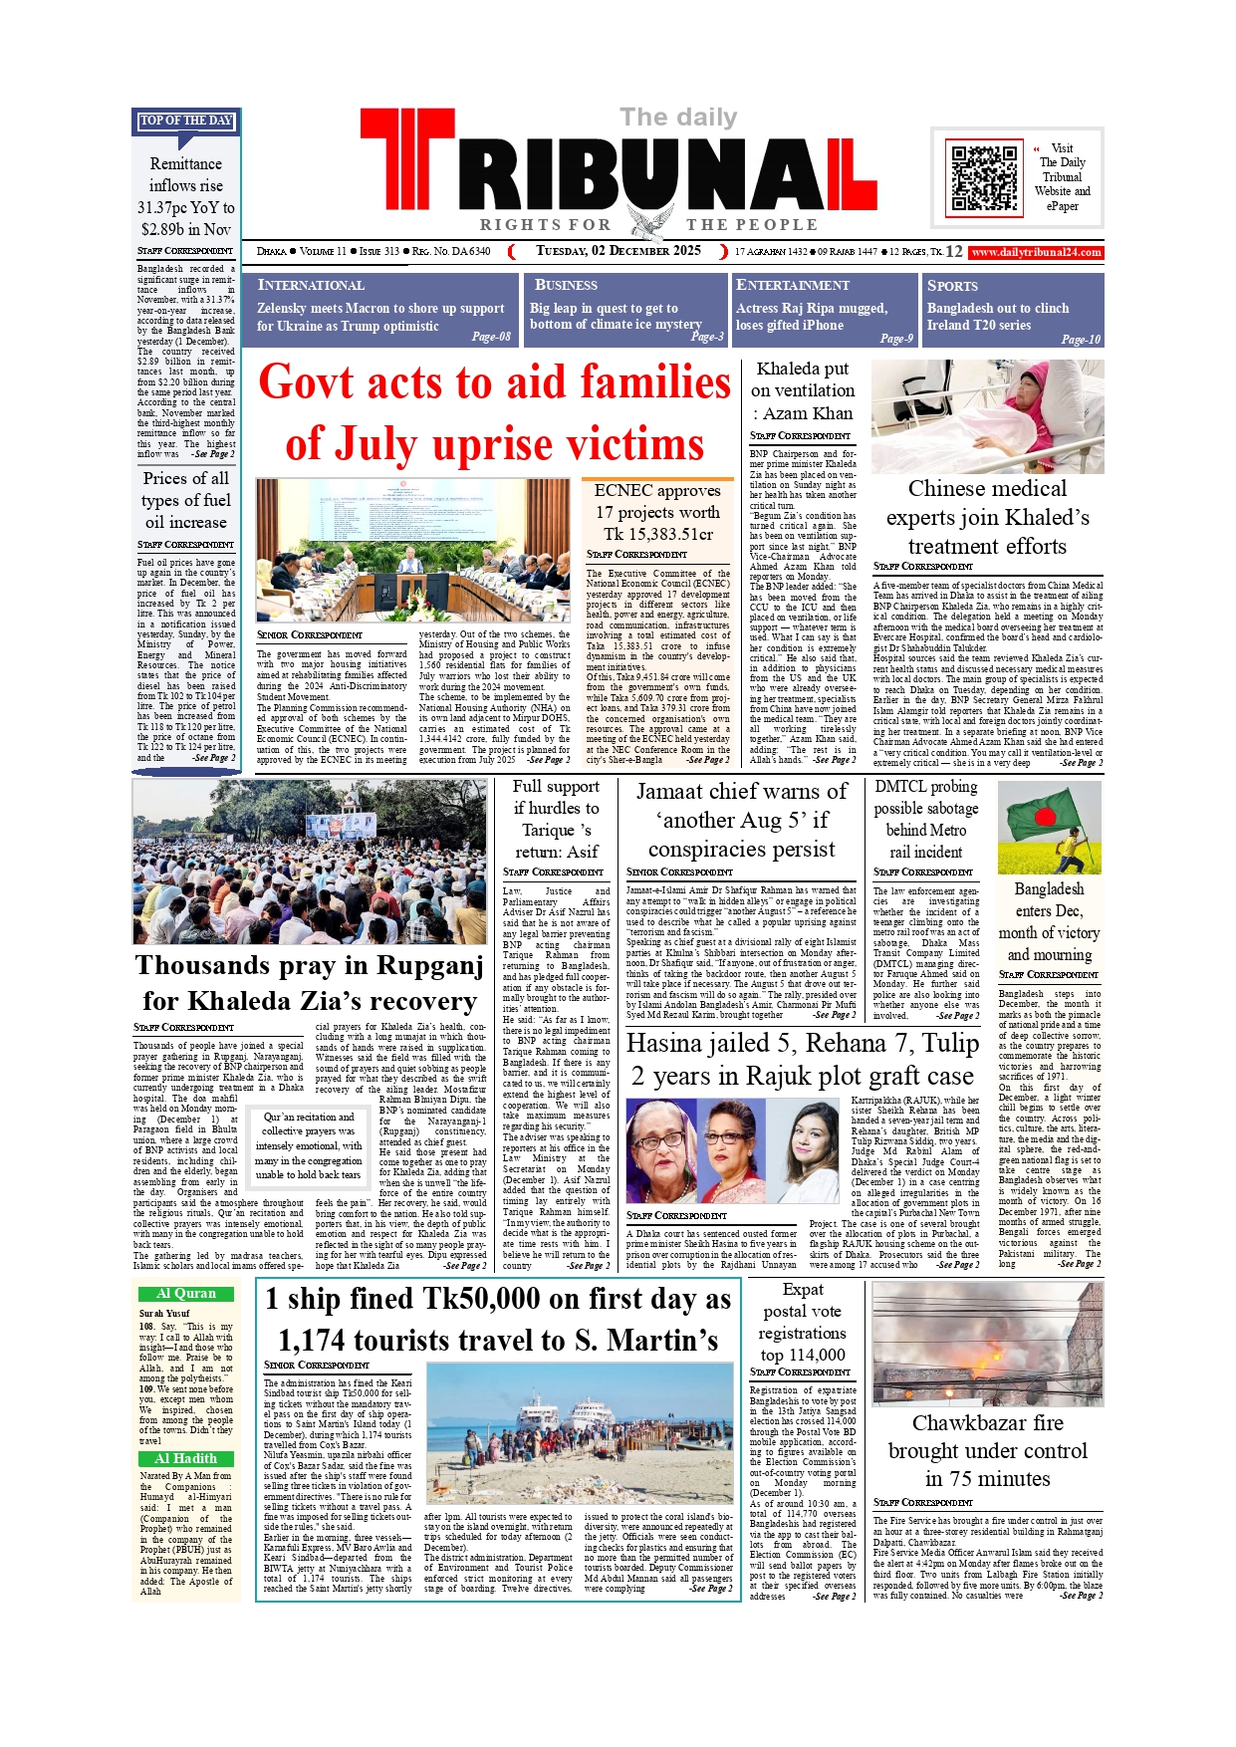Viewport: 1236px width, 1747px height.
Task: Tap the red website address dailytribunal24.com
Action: (x=1036, y=253)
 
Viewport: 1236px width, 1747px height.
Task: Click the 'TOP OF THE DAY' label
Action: (x=186, y=121)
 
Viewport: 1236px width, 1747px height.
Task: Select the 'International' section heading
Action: (x=311, y=285)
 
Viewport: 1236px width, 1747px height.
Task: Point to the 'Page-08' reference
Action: (x=491, y=337)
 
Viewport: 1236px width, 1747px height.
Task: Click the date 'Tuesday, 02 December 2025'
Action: (x=618, y=251)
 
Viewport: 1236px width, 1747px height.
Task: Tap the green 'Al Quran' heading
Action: (x=186, y=1294)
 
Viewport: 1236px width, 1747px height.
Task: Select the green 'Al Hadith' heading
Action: (x=186, y=1458)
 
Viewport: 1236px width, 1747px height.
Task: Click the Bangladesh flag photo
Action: (x=1049, y=828)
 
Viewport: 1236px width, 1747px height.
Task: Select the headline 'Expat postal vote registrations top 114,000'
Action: (x=802, y=1322)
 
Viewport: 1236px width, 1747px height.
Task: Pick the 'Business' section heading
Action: (x=566, y=285)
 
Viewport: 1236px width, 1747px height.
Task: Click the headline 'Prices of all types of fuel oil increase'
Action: (x=186, y=500)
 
